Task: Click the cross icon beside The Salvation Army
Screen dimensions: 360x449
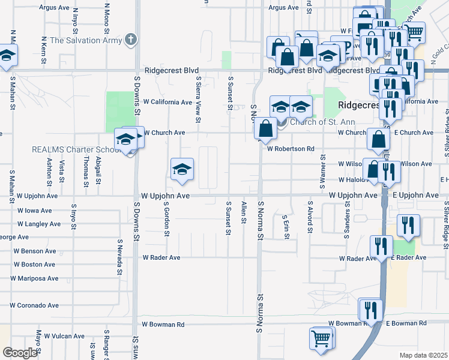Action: point(130,40)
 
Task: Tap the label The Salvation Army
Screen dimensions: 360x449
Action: point(86,41)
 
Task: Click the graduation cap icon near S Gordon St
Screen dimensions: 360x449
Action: point(182,169)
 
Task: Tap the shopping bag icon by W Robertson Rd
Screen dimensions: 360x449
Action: point(265,128)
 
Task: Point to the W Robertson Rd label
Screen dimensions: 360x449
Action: point(291,148)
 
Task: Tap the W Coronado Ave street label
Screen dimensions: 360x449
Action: point(34,305)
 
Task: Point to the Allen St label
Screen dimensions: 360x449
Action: point(244,212)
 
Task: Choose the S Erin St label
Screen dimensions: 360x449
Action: point(286,226)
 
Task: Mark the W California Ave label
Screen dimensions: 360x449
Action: point(167,102)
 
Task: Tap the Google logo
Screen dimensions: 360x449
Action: point(20,352)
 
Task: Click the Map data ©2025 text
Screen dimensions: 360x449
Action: point(424,355)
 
